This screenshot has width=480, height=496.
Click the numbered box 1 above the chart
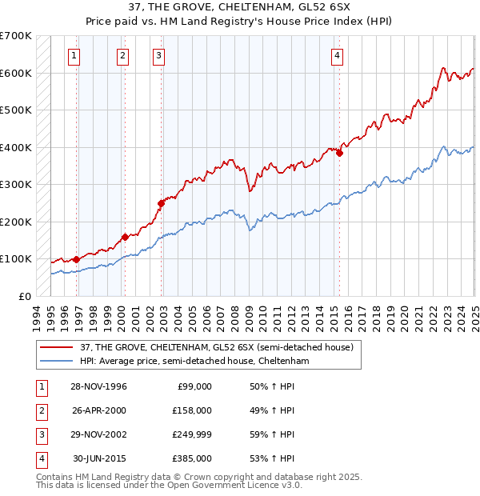tap(74, 55)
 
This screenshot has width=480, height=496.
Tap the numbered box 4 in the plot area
tap(338, 55)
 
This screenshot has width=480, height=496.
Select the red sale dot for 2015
tap(340, 153)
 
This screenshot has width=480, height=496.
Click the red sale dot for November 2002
tap(161, 203)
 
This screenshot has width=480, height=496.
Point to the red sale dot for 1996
tap(77, 259)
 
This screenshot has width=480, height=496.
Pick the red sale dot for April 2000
tap(125, 237)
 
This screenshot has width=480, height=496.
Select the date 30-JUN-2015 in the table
tap(100, 458)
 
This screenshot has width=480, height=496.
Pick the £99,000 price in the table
tap(194, 386)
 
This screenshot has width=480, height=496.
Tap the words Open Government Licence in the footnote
tap(238, 484)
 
